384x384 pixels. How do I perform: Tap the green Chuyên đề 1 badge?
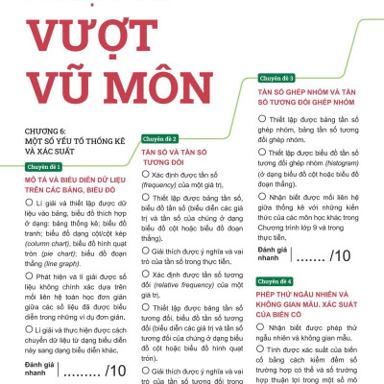click(46, 167)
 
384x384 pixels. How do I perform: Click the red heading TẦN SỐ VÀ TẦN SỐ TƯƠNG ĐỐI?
click(179, 156)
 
